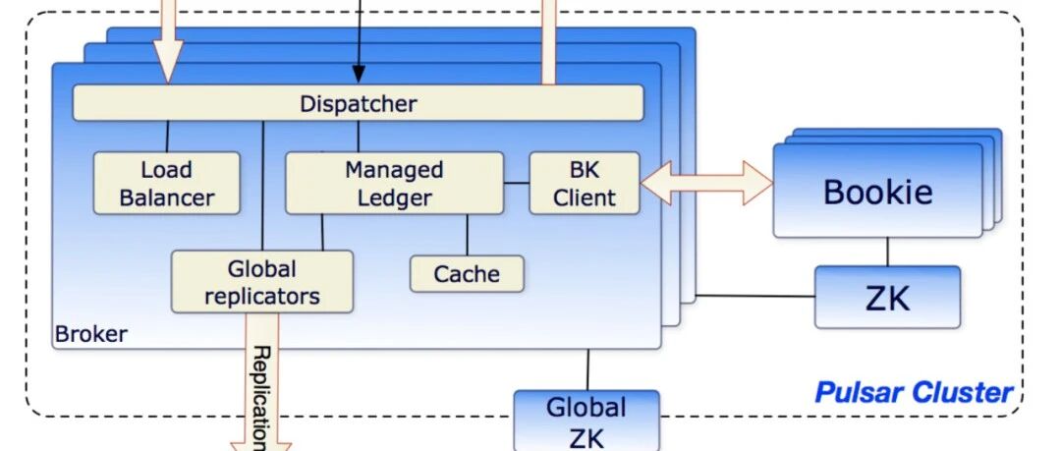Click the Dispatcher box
pos(358,103)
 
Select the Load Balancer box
pos(166,183)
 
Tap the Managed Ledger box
pos(395,183)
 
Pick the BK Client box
pos(584,183)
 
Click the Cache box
pos(467,273)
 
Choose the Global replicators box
pos(262,282)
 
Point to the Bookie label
pos(877,192)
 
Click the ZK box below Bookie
pos(887,298)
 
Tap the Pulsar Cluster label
pos(914,392)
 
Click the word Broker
pos(90,334)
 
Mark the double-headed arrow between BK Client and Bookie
pos(705,183)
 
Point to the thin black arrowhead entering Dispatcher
pos(358,75)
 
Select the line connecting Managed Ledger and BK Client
pos(517,183)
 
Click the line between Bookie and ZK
pos(887,252)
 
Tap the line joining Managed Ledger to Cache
pos(467,235)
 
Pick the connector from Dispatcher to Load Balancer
pos(167,137)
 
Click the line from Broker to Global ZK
pos(587,369)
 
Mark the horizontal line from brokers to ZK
pos(755,296)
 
